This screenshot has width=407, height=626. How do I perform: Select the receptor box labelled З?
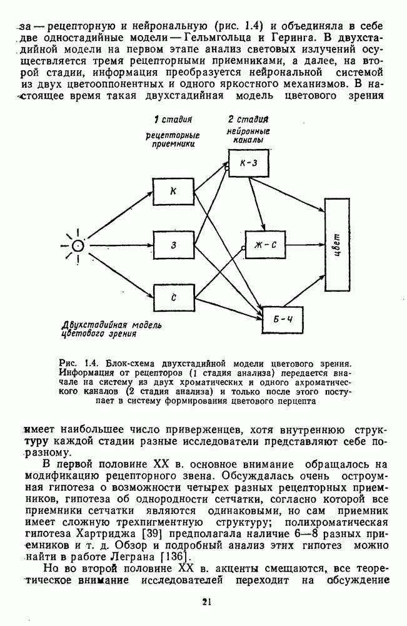point(173,245)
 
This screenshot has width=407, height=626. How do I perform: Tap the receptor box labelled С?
point(173,297)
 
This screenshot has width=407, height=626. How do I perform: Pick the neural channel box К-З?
point(249,163)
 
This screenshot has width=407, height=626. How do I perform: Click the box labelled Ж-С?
point(262,245)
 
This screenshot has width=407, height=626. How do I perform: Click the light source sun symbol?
point(78,245)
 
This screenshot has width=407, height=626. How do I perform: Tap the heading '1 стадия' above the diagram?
point(172,119)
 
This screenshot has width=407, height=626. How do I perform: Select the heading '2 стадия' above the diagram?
point(248,119)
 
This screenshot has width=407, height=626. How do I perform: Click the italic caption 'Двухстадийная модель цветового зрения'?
point(111,329)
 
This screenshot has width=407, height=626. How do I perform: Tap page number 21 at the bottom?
point(207,602)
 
